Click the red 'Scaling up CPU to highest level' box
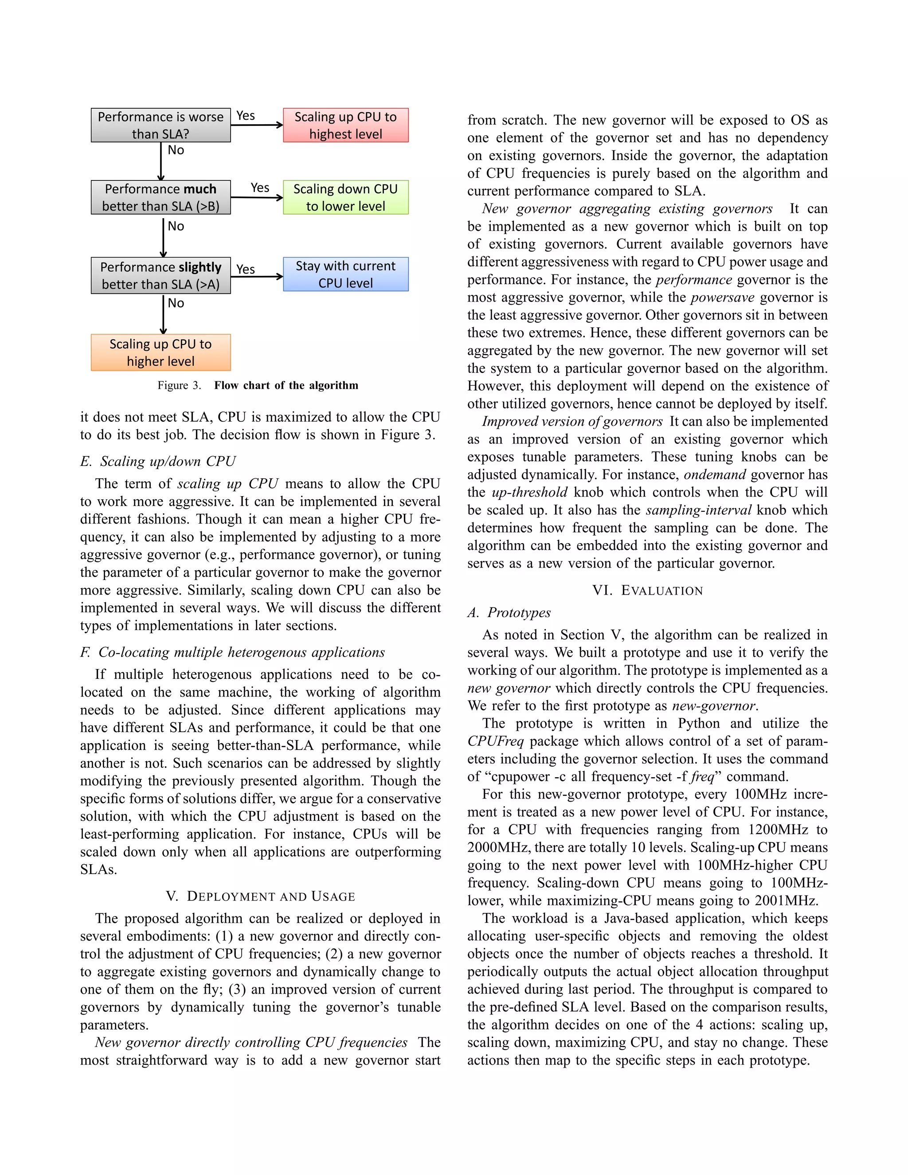point(345,125)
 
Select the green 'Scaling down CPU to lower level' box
point(345,197)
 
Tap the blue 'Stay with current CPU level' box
point(345,274)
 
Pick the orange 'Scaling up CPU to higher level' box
point(160,352)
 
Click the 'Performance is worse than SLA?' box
point(160,125)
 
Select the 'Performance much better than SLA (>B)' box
point(160,197)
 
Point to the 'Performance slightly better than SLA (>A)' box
point(160,275)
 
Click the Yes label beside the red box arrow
point(246,116)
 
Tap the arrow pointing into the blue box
point(257,277)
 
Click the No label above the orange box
point(176,303)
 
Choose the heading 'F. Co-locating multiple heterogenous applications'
point(232,652)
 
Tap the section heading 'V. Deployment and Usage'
point(260,896)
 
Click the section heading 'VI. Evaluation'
point(647,590)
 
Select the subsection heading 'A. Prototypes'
point(509,613)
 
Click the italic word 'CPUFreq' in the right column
point(495,741)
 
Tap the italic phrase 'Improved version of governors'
point(572,421)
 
